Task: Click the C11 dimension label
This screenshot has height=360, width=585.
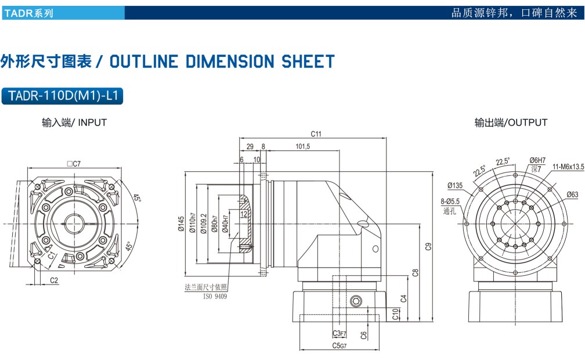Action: click(316, 134)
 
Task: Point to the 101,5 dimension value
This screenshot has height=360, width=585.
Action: click(302, 147)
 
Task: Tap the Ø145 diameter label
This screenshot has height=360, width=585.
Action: click(181, 224)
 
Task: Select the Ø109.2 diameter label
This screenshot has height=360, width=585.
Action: click(203, 224)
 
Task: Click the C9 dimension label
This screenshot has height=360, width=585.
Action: click(428, 246)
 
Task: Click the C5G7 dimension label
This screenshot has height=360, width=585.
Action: click(340, 345)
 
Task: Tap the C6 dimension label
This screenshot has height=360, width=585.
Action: click(363, 334)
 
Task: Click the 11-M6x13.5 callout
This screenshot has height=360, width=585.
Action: click(568, 167)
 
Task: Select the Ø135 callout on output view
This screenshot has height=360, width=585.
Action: click(455, 186)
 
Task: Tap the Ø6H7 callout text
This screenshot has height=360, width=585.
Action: click(537, 160)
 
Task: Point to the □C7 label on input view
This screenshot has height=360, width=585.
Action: click(73, 164)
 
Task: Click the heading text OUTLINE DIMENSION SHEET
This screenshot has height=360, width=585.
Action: click(222, 62)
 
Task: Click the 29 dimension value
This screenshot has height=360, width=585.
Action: click(250, 147)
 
